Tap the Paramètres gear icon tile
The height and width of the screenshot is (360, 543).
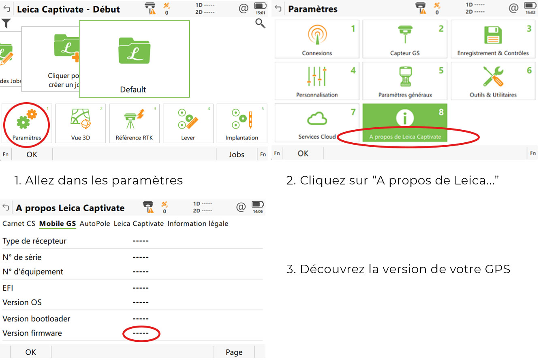(x=27, y=124)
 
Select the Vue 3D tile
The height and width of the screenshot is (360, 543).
(x=81, y=124)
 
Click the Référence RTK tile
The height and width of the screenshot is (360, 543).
(x=134, y=124)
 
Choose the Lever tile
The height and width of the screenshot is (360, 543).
(x=188, y=124)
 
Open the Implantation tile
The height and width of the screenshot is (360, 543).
(x=242, y=124)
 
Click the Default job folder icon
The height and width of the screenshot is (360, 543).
(x=134, y=51)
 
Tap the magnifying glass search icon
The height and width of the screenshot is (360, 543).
(x=260, y=24)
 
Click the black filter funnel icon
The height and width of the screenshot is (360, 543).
(x=6, y=24)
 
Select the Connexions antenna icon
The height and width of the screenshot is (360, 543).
(x=317, y=35)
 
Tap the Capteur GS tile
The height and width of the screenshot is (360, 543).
(x=405, y=39)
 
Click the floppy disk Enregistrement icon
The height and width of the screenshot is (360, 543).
(x=493, y=35)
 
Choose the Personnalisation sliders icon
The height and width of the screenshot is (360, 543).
(x=317, y=76)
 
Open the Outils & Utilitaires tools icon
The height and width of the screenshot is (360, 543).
(x=493, y=76)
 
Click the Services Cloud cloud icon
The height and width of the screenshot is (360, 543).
(x=317, y=118)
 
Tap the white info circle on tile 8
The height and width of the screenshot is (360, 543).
(x=405, y=118)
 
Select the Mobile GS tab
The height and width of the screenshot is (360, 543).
(x=58, y=223)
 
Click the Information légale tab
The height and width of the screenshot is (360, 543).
(x=198, y=223)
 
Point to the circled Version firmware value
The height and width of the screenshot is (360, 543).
(x=141, y=333)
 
